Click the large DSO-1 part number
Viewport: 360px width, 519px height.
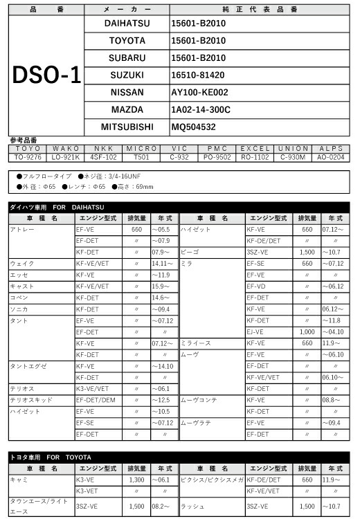(x=46, y=75)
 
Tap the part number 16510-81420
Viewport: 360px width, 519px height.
(x=199, y=75)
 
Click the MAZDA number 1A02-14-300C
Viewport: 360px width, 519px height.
(x=201, y=109)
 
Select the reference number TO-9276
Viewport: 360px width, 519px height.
(x=28, y=157)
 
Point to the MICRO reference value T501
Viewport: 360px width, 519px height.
(x=142, y=157)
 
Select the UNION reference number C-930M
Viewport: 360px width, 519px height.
(x=292, y=157)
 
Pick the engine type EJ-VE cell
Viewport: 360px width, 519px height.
(x=257, y=331)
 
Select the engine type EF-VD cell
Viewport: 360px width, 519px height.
(x=257, y=286)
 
